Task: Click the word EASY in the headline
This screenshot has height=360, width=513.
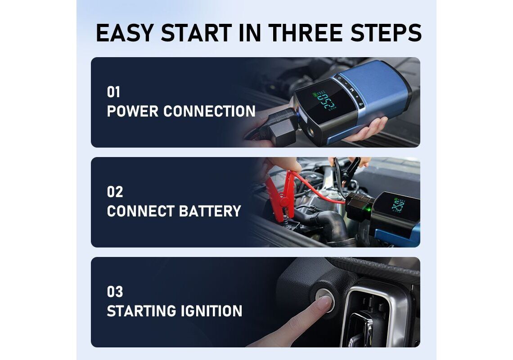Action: coord(125,33)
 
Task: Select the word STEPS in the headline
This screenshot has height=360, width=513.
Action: coord(386,33)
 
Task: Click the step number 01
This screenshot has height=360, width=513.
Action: coord(113,92)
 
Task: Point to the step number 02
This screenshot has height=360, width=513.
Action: coord(115,192)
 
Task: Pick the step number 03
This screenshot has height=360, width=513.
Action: coord(115,292)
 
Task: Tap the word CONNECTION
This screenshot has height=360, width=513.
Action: coord(209,112)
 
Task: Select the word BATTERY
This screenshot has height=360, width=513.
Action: coord(210,211)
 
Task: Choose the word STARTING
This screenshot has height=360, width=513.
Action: coord(141,311)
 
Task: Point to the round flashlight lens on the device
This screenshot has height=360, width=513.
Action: coord(310,134)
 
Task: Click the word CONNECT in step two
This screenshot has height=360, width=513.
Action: coord(141,211)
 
